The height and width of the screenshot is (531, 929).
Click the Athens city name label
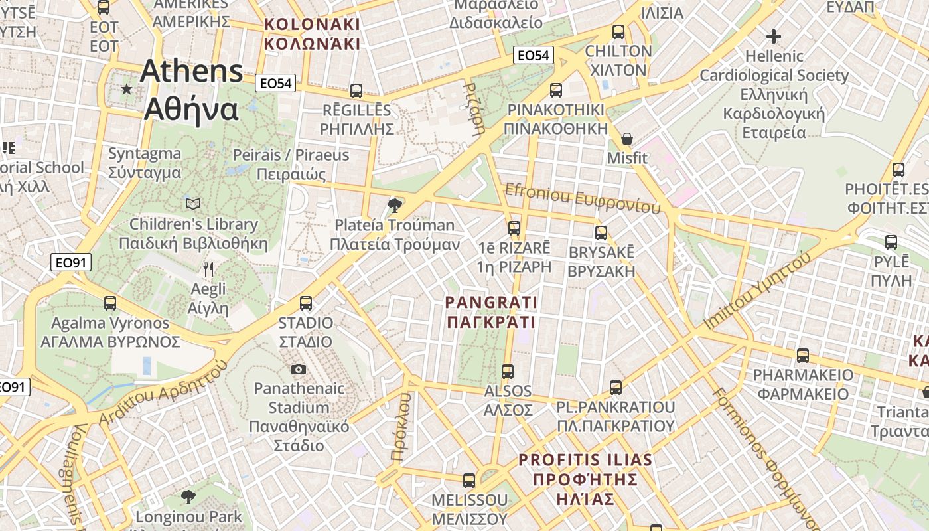pyautogui.click(x=191, y=90)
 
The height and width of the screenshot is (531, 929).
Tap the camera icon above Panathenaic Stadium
pyautogui.click(x=299, y=369)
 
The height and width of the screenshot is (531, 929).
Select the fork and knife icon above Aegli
pyautogui.click(x=208, y=269)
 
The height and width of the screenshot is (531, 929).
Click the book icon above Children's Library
pyautogui.click(x=193, y=204)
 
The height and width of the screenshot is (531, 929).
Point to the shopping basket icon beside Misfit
pyautogui.click(x=626, y=139)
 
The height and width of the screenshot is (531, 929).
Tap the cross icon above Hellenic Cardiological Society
pyautogui.click(x=774, y=36)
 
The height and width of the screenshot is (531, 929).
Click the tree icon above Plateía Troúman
pyautogui.click(x=395, y=204)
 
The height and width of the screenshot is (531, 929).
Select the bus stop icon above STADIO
pyautogui.click(x=306, y=303)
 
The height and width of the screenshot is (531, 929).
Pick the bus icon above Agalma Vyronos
pyautogui.click(x=110, y=303)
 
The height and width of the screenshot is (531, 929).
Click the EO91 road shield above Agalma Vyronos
pyautogui.click(x=71, y=263)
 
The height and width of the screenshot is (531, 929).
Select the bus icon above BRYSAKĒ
pyautogui.click(x=601, y=232)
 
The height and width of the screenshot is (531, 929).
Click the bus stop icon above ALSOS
pyautogui.click(x=508, y=371)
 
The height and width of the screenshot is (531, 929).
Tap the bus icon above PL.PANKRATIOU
pyautogui.click(x=616, y=387)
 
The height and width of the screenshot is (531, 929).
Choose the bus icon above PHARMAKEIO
pyautogui.click(x=803, y=355)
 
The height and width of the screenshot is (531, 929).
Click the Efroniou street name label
pyautogui.click(x=583, y=198)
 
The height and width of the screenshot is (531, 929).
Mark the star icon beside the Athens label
pyautogui.click(x=127, y=88)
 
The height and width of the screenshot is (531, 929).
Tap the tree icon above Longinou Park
pyautogui.click(x=188, y=496)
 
